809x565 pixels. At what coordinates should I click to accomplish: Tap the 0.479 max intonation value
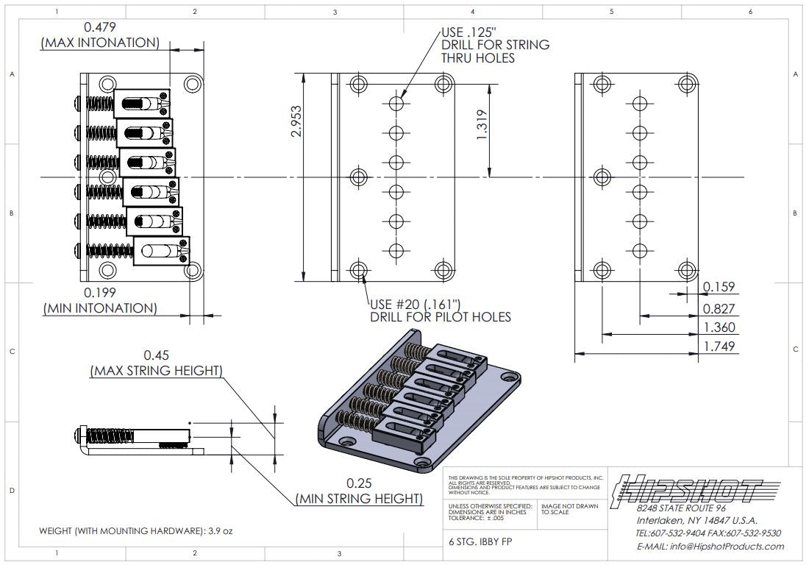tap(99, 26)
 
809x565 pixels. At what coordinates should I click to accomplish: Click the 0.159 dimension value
tap(719, 287)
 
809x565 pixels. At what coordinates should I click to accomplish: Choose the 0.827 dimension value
tap(719, 308)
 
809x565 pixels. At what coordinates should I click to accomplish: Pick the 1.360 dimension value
tap(719, 327)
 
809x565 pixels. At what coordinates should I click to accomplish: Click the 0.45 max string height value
tap(155, 354)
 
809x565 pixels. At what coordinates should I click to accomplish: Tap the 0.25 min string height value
tap(359, 483)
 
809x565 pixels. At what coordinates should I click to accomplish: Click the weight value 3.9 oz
tap(218, 530)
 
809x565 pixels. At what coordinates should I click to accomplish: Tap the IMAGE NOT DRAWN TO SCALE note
tap(569, 509)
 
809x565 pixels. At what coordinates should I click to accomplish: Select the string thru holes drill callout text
tap(495, 45)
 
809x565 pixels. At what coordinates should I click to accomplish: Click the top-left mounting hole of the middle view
tap(359, 82)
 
